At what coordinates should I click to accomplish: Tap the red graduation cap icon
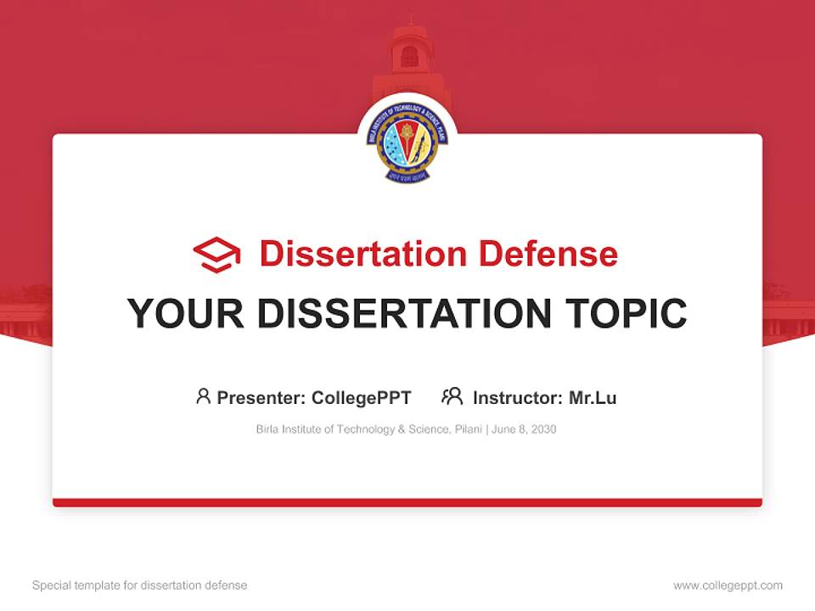pos(216,255)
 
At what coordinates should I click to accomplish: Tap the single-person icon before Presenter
pos(203,396)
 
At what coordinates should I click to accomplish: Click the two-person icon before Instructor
pos(452,396)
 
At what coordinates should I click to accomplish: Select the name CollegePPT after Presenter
pos(362,398)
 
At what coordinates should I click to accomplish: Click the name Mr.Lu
pos(593,398)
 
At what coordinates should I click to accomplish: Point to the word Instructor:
pos(518,398)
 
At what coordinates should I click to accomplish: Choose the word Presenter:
pos(261,398)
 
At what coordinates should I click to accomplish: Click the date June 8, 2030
pos(525,429)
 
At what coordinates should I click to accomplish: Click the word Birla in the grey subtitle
pos(268,429)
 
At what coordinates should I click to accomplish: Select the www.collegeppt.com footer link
pos(728,586)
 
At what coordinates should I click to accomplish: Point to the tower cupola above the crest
pos(409,51)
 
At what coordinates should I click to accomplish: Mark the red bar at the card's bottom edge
pos(407,502)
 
